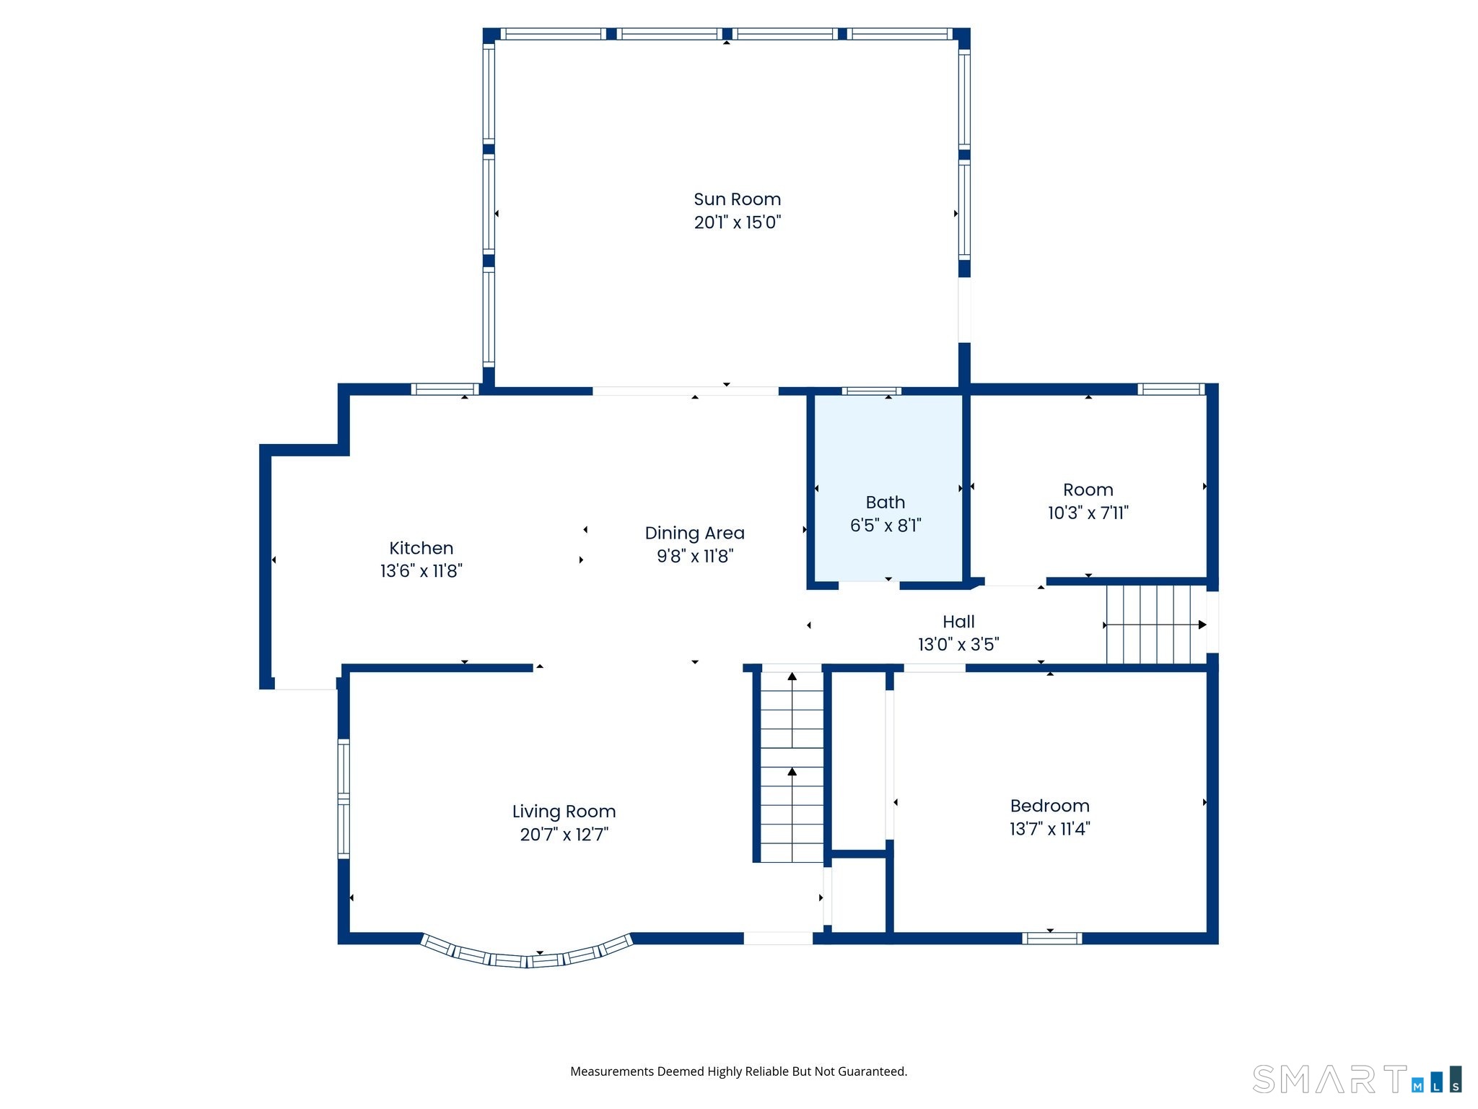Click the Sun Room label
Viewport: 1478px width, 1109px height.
pyautogui.click(x=737, y=199)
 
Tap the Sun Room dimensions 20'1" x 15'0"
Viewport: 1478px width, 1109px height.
pyautogui.click(x=738, y=222)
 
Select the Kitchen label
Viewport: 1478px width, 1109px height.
pyautogui.click(x=421, y=548)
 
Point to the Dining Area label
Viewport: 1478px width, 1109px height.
pyautogui.click(x=694, y=533)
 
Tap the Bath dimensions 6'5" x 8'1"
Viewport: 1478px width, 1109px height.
pyautogui.click(x=886, y=526)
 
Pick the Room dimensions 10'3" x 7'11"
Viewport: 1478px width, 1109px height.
pyautogui.click(x=1088, y=513)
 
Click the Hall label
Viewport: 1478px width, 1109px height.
pyautogui.click(x=958, y=622)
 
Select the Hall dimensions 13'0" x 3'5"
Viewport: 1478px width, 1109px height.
pyautogui.click(x=958, y=644)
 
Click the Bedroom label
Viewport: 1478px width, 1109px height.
pyautogui.click(x=1049, y=806)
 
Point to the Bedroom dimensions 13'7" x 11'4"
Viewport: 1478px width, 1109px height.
pyautogui.click(x=1049, y=829)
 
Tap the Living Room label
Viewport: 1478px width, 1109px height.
pyautogui.click(x=564, y=812)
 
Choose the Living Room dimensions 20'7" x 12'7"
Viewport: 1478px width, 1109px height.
pyautogui.click(x=564, y=835)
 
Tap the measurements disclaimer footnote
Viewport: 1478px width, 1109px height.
pyautogui.click(x=738, y=1071)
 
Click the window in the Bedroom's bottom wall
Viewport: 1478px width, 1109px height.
pyautogui.click(x=1051, y=939)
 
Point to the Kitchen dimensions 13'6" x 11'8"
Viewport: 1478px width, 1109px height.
pyautogui.click(x=421, y=571)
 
